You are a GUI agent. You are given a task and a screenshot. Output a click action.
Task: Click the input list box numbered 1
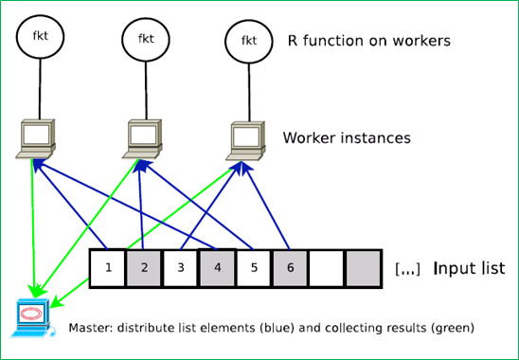[x=108, y=268]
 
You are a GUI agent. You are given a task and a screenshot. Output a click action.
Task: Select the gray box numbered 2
[x=144, y=268]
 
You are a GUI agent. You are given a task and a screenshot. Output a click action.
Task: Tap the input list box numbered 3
[x=181, y=268]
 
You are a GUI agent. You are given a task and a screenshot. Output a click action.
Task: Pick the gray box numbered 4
[x=217, y=268]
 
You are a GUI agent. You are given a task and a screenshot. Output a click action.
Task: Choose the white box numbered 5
[x=254, y=268]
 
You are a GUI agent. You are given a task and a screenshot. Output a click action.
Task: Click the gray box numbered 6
[x=291, y=268]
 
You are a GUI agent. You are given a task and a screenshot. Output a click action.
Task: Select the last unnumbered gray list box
[x=363, y=268]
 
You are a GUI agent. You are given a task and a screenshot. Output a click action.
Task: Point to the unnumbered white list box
[x=327, y=268]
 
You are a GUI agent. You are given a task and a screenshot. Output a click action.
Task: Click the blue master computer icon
[x=32, y=318]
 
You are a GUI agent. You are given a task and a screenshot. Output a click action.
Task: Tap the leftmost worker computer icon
[x=36, y=139]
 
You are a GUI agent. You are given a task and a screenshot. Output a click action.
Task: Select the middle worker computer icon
[x=142, y=139]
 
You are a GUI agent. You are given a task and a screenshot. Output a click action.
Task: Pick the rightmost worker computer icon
[x=246, y=141]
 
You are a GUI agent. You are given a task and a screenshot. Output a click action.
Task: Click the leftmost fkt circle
[x=40, y=36]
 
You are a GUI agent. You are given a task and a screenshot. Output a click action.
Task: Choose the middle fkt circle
[x=146, y=39]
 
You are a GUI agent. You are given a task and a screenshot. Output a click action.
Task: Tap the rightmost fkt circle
[x=249, y=41]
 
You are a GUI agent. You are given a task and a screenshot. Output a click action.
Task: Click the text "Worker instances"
[x=347, y=137]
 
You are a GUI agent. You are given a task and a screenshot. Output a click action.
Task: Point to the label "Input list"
[x=469, y=268]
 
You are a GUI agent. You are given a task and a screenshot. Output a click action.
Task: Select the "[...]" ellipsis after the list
[x=407, y=269]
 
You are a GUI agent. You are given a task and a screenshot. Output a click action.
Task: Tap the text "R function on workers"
[x=369, y=41]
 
